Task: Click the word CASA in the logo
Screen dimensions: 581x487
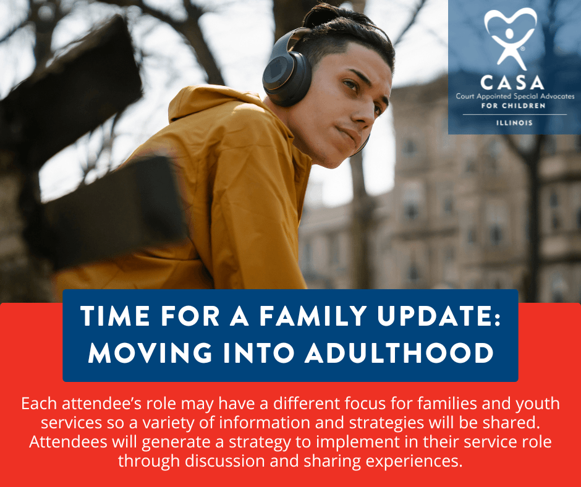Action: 512,83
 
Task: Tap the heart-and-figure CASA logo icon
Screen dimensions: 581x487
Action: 510,39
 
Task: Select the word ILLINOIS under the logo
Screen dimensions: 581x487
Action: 514,122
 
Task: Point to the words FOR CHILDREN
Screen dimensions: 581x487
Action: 514,106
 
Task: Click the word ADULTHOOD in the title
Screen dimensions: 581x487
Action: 399,352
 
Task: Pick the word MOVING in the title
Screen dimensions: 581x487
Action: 150,352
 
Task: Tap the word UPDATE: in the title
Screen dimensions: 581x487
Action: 439,316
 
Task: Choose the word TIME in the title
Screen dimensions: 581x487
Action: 115,316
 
